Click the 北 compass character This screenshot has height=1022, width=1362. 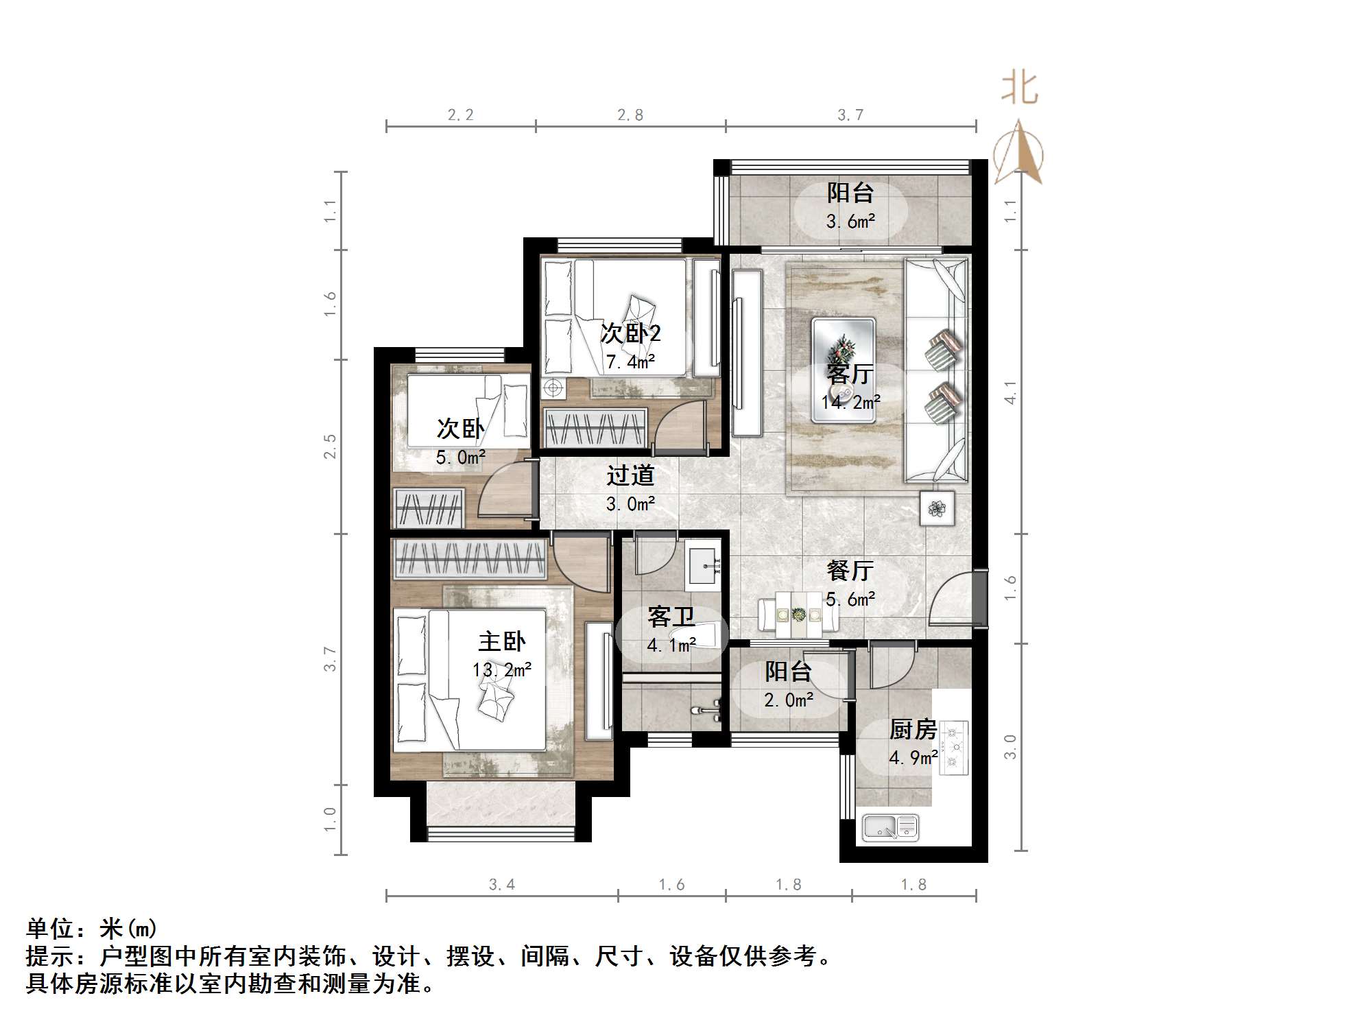coord(1020,88)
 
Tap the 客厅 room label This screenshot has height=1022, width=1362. coord(849,374)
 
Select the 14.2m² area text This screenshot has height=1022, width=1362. coord(850,403)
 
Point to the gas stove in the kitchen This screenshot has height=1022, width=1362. coord(953,747)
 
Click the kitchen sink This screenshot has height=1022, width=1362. coord(890,827)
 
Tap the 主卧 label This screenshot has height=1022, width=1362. coord(501,642)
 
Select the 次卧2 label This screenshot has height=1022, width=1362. coord(630,333)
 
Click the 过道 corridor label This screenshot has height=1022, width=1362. coord(630,475)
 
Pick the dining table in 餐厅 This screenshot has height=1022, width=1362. coord(798,615)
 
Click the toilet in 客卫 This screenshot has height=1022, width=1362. coord(693,632)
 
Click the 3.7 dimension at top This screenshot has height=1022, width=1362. coord(850,115)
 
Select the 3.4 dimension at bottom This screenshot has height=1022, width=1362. coord(501,885)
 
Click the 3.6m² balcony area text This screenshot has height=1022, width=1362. coord(850,222)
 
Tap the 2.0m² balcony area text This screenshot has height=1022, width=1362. coord(789,700)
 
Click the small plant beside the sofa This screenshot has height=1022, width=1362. coord(936,508)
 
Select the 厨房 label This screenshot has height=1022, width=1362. coord(912,729)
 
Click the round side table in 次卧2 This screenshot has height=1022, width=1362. coord(553,389)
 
